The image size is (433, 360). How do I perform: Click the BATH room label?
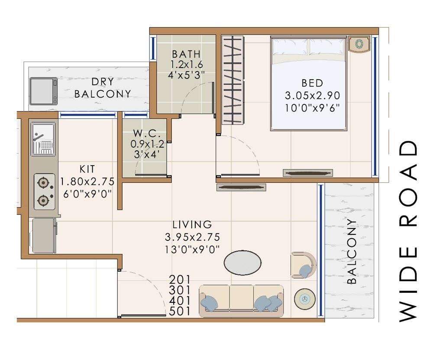tap(186, 54)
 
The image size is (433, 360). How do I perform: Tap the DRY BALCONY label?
tap(103, 88)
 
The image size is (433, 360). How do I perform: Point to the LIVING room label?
tap(192, 224)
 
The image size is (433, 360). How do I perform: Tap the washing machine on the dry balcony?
tap(43, 91)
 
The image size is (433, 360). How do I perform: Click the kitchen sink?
tap(42, 138)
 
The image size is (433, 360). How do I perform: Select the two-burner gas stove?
tap(44, 191)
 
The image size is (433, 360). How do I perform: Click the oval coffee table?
tap(242, 262)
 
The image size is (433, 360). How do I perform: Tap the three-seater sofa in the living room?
tap(241, 300)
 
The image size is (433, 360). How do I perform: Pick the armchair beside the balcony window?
tap(304, 264)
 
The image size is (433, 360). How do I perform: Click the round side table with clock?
tap(305, 299)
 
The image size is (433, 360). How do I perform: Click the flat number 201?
tap(181, 279)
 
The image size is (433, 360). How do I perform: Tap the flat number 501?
tap(181, 311)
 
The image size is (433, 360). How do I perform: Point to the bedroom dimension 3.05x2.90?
tap(312, 95)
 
